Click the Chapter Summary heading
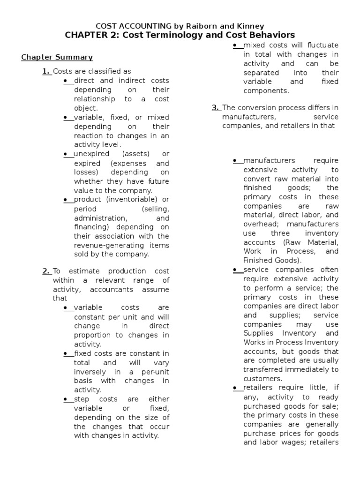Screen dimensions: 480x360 click(x=57, y=57)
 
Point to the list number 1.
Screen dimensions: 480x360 click(x=46, y=71)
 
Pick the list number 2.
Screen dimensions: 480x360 click(x=46, y=271)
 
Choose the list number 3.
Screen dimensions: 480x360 click(x=216, y=108)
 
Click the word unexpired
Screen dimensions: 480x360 click(x=91, y=154)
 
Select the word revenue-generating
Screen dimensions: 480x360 click(x=103, y=246)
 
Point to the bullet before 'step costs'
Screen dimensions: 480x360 click(x=66, y=399)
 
